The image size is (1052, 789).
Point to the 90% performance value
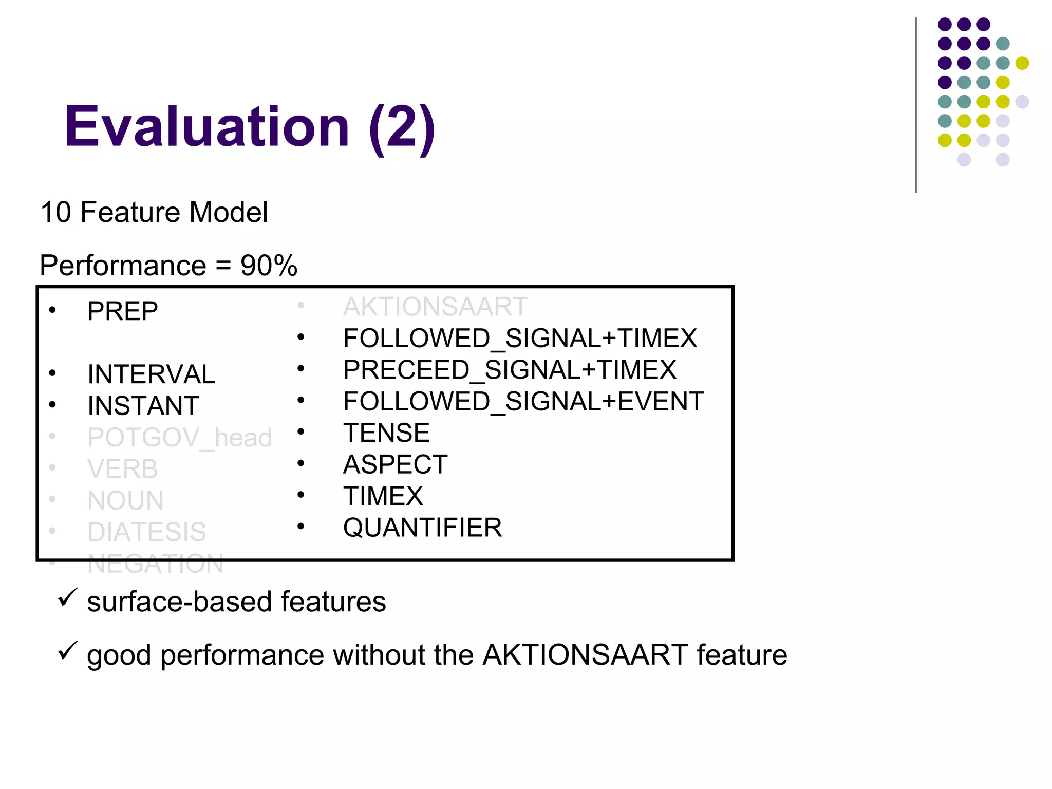click(x=269, y=266)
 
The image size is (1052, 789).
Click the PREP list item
click(x=123, y=311)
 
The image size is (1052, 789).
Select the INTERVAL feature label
click(x=151, y=374)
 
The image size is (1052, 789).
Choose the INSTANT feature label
click(x=143, y=406)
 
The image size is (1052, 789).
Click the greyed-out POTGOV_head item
click(x=179, y=438)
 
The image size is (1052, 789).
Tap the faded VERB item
click(x=123, y=469)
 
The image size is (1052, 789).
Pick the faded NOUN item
click(x=126, y=501)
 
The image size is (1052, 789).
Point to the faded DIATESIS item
click(x=147, y=532)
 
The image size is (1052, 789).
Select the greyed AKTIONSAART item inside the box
click(x=435, y=307)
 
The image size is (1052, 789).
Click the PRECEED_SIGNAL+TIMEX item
click(x=510, y=370)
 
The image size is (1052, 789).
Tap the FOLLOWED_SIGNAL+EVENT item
click(x=523, y=402)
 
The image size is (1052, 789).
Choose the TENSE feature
click(x=386, y=433)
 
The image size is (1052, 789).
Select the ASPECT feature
click(x=395, y=465)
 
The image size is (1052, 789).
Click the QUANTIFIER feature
click(x=422, y=528)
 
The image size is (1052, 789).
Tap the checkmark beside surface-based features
click(x=67, y=598)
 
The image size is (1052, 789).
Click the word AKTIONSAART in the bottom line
click(x=585, y=655)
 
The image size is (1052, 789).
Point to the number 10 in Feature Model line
click(x=55, y=212)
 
